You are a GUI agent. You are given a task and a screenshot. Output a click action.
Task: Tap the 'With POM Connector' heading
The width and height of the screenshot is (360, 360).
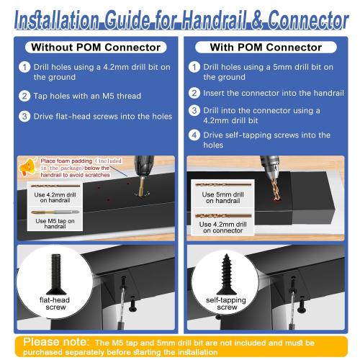coord(266,48)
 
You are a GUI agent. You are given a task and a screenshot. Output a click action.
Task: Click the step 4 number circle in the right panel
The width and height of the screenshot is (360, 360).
coord(194,135)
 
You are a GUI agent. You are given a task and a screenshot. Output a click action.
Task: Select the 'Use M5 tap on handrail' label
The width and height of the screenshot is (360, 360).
coord(50,223)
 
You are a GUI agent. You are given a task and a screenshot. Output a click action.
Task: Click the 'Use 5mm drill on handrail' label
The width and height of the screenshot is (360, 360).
coord(222,196)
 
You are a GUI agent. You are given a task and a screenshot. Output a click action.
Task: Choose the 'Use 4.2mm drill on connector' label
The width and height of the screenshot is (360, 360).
coord(222,227)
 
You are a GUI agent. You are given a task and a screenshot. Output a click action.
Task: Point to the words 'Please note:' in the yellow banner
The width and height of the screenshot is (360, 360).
coord(56,341)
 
